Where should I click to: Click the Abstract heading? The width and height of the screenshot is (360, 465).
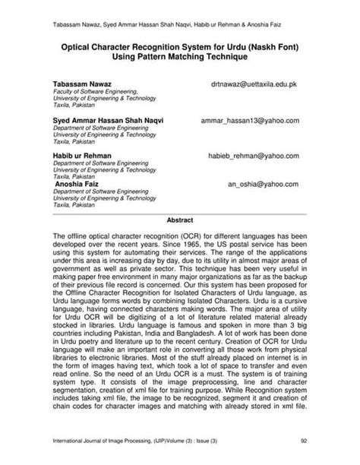pos(180,220)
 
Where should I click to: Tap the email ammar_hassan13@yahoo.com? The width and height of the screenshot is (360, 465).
pos(250,120)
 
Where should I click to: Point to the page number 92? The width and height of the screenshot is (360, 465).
pos(303,438)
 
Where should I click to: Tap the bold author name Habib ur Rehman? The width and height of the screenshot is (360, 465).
pos(81,155)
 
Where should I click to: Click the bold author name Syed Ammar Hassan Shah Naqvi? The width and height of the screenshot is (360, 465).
pos(107,120)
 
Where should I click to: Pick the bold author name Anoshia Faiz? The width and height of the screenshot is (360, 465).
pos(80,184)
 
